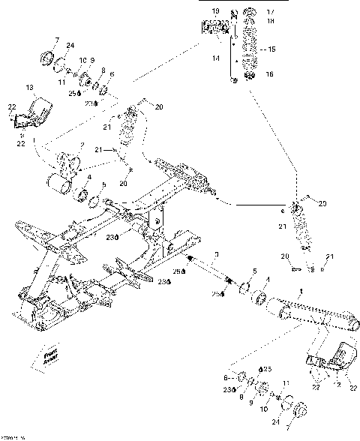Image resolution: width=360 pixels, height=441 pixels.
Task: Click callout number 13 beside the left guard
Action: click(x=31, y=87)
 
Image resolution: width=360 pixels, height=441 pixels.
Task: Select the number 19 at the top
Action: click(x=215, y=12)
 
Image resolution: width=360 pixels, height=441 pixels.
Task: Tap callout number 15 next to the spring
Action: click(x=271, y=49)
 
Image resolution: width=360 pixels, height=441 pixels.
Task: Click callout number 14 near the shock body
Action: click(x=216, y=58)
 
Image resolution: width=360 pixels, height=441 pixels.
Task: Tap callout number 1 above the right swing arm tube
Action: click(x=301, y=291)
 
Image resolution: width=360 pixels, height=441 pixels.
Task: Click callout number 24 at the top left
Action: click(x=70, y=46)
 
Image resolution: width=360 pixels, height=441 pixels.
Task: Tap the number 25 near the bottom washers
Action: click(x=268, y=370)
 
